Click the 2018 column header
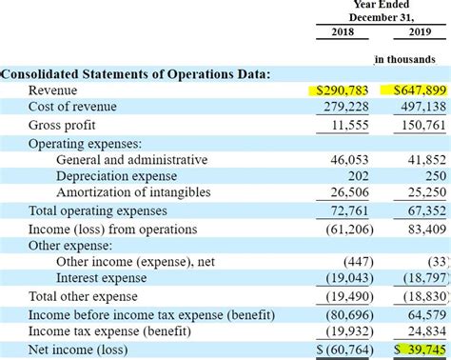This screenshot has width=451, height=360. [x=342, y=33]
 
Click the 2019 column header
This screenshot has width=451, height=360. [x=419, y=33]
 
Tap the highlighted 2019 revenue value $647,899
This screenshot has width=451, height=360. [x=418, y=90]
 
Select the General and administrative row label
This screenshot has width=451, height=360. [x=131, y=160]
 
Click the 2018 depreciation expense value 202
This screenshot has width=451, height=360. [x=358, y=177]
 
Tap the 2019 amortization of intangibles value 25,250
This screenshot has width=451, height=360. [x=426, y=194]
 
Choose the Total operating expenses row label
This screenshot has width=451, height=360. [x=96, y=211]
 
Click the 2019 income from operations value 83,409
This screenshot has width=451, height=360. [x=426, y=229]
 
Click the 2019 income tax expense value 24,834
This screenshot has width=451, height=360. [x=426, y=331]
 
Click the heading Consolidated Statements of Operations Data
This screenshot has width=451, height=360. [x=135, y=73]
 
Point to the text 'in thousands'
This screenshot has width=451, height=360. [x=404, y=59]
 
